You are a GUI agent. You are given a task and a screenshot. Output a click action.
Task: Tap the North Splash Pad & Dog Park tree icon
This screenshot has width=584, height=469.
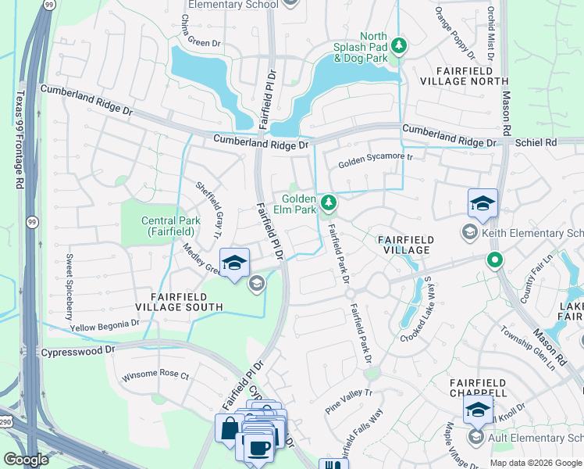pos(399,46)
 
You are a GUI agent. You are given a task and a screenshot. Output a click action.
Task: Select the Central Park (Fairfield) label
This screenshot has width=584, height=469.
pos(167,226)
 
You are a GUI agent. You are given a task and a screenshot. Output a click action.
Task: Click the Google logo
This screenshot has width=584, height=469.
pos(27,459)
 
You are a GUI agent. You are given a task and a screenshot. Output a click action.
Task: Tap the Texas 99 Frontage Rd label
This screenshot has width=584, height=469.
pos(18,141)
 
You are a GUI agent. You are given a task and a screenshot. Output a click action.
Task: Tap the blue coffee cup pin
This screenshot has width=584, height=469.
pos(257,447)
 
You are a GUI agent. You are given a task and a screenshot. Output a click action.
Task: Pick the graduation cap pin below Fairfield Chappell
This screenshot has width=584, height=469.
pos(478,409)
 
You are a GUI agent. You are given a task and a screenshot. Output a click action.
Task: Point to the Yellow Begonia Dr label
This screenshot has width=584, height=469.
pos(105,322)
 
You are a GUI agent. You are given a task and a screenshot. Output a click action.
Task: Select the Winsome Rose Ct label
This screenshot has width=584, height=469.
pos(155,376)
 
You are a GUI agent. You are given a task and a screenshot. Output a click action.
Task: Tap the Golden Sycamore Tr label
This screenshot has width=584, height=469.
pos(374,163)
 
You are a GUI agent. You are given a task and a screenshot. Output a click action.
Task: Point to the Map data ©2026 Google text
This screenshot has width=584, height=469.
pos(536,463)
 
